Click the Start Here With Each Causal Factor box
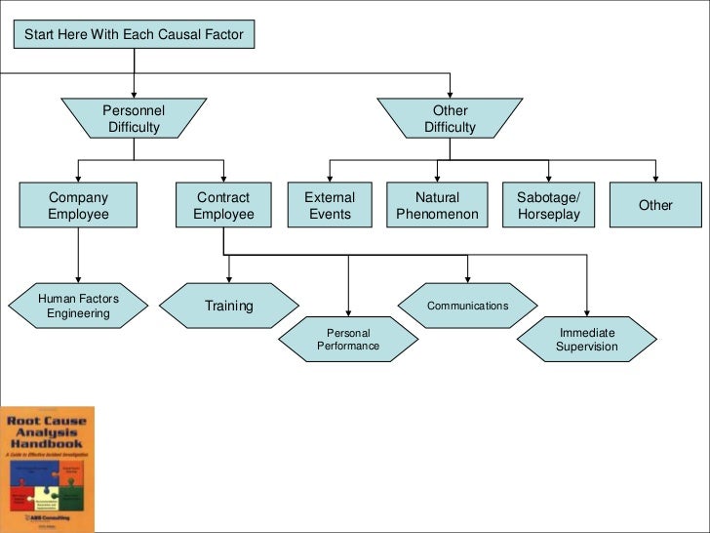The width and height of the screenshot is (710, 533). pos(135,35)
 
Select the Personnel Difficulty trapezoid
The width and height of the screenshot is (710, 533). pos(134,118)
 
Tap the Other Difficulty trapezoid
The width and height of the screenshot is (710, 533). pos(450,118)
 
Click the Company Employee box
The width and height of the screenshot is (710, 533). pos(78,205)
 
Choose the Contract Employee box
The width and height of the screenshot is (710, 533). pos(223,205)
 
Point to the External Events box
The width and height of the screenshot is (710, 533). pos(330,205)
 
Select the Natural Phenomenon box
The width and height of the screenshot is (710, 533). pos(437,205)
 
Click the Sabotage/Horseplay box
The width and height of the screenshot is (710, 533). pos(547,205)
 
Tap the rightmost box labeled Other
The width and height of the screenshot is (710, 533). pos(655,205)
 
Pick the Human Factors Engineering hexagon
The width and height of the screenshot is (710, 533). pos(78,306)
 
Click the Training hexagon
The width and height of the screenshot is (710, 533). pos(229,306)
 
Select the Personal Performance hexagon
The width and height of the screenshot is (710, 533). pos(348,340)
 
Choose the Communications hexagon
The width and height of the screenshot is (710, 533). pos(467,306)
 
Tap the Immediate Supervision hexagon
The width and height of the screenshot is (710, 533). pos(587,340)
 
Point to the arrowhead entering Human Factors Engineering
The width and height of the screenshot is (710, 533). pos(78,278)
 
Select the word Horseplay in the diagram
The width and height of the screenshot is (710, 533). pos(547,214)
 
